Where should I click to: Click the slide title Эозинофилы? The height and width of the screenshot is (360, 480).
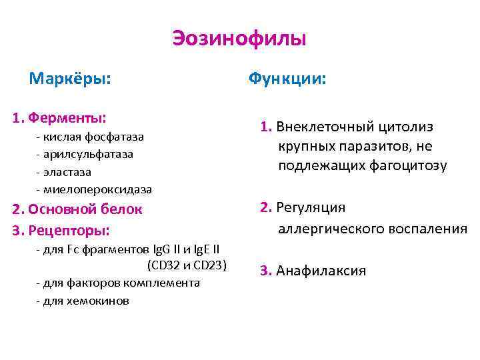pos(239,39)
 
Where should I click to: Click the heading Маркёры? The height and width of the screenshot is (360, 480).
pos(70,79)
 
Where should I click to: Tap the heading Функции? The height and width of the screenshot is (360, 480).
pos(287,79)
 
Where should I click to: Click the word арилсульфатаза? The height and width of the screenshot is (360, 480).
pos(88,154)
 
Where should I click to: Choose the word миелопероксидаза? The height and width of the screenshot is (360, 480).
pos(97,189)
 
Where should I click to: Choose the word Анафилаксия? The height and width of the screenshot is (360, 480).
pos(321,271)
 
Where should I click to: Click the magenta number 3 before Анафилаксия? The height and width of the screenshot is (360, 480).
pos(264,271)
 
